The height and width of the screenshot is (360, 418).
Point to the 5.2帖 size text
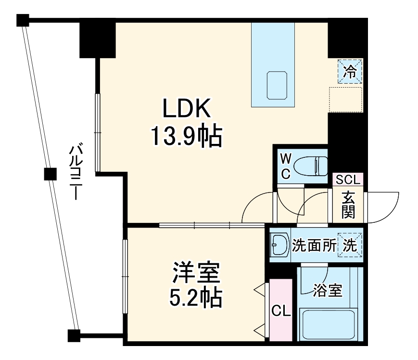point(196,298)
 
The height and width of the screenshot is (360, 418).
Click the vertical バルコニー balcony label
point(74,172)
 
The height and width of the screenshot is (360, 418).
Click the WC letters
point(285,166)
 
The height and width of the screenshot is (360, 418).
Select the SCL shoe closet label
point(347,180)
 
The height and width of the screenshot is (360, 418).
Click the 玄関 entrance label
point(348,205)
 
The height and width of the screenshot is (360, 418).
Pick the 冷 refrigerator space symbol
point(351,72)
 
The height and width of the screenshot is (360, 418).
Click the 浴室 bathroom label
point(328,290)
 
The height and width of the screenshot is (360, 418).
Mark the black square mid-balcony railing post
point(48,174)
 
